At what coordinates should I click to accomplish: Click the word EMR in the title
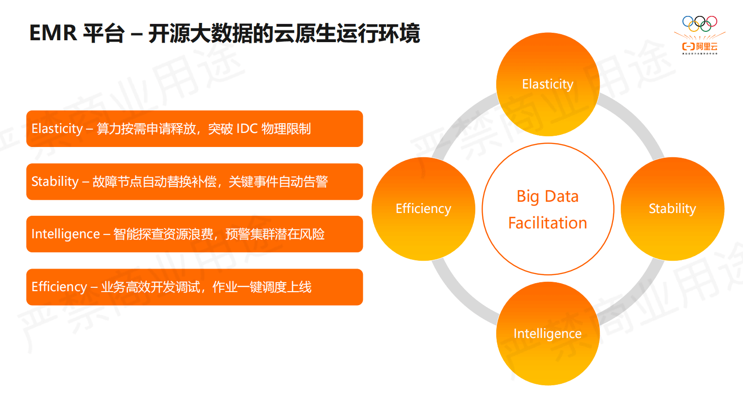pos(52,33)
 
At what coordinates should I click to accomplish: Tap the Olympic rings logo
pos(699,23)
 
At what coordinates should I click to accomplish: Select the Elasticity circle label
pos(547,84)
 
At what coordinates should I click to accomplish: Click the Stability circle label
pos(672,209)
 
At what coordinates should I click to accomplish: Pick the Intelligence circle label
pos(547,334)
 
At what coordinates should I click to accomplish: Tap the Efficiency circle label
pos(423,209)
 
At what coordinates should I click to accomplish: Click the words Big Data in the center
pos(547,197)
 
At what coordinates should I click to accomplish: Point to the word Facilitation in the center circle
pos(547,223)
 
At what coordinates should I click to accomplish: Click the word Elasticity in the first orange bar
pos(57,129)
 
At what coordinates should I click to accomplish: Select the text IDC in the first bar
pos(247,129)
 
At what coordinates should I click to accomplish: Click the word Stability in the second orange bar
pos(55,182)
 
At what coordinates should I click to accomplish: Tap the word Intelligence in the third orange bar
pos(66,234)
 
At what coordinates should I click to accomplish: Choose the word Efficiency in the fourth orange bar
pos(59,287)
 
